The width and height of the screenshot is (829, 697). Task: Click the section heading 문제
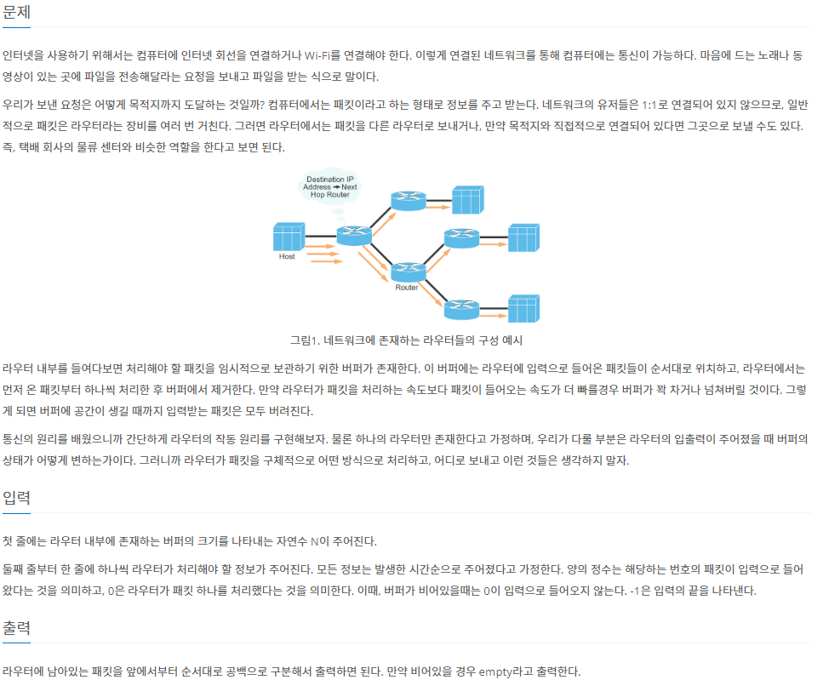(17, 14)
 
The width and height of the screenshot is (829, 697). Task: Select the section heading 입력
(17, 498)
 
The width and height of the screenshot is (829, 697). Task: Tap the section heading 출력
(17, 629)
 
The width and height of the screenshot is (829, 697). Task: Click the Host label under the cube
(287, 256)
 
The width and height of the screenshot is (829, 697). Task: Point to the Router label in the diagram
(407, 288)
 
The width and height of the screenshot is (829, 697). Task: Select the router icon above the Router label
(408, 271)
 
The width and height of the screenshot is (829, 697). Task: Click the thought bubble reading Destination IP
(330, 186)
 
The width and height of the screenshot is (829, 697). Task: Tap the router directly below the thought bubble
(353, 235)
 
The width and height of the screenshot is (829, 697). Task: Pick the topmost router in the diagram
(408, 200)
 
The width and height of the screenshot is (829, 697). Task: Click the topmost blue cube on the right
(467, 200)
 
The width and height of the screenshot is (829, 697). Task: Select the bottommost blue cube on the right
(523, 308)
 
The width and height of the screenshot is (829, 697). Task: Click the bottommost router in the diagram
(461, 309)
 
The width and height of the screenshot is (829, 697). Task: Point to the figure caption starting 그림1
(406, 340)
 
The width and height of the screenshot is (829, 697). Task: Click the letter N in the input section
(314, 541)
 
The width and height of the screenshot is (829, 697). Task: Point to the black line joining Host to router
(320, 236)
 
